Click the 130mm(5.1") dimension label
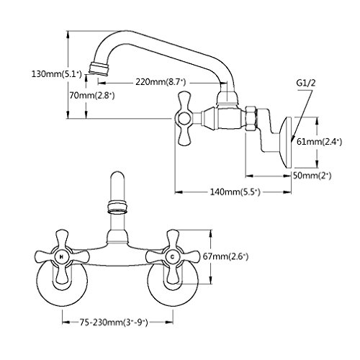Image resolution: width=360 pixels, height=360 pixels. coord(56,74)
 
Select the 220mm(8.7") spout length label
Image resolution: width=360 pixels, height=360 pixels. coord(161,82)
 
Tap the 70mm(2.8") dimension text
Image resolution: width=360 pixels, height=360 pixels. coord(92,96)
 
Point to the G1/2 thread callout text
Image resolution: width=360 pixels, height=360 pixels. coord(305,84)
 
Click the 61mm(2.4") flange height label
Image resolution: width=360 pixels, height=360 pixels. coord(319,142)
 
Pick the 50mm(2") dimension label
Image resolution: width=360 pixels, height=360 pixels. coord(312,176)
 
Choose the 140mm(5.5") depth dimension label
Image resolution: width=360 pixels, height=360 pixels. coord(235,192)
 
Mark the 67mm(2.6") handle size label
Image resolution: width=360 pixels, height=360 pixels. coord(225,257)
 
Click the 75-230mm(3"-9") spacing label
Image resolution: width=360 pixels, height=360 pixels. coord(114,323)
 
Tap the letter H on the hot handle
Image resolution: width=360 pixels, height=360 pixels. coord(62,257)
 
